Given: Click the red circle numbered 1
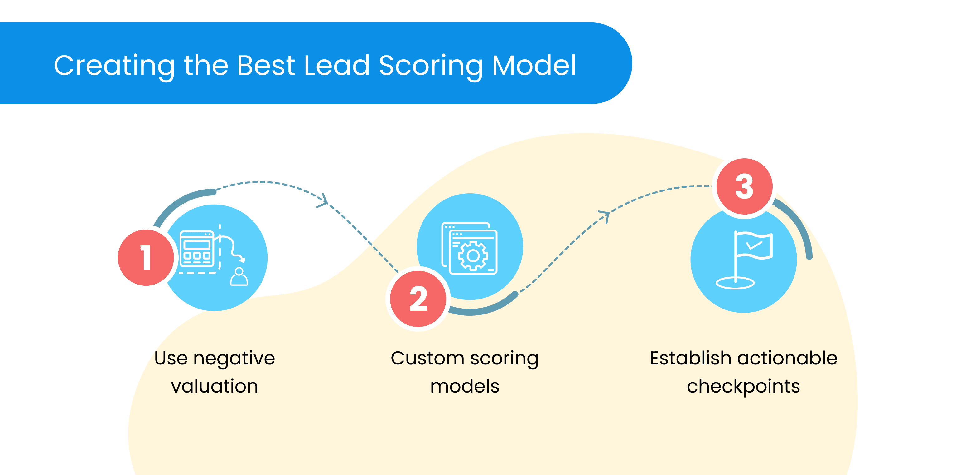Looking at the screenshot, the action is point(146,258).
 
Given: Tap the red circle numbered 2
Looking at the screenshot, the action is point(418,299).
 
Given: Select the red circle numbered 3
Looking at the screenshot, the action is point(745,186).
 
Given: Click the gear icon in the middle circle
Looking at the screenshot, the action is point(473,256).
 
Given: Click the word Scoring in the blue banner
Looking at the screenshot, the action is point(431,66).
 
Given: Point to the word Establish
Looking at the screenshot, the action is point(690,358).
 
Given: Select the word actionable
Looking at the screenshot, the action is point(788,358).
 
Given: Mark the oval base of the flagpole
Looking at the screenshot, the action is point(735,283).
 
